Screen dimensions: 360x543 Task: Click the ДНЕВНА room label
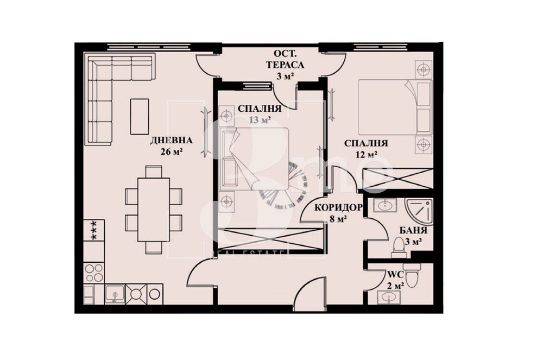(172, 141)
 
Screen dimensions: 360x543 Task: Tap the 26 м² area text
(171, 152)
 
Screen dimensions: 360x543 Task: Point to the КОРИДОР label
(339, 207)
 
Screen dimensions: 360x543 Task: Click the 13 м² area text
(259, 120)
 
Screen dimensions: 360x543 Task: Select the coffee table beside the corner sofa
(140, 116)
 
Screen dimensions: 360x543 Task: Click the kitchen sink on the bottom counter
(115, 294)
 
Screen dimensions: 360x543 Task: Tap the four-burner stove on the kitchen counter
(93, 271)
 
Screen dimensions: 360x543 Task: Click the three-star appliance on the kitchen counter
(93, 231)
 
